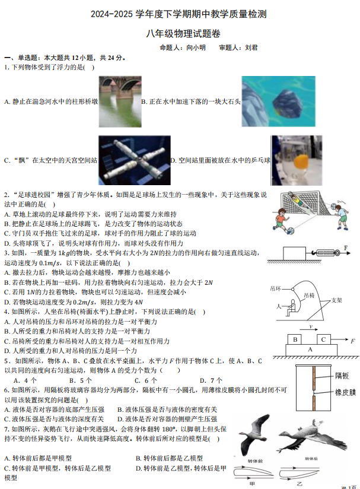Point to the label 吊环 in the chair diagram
[x=275, y=288]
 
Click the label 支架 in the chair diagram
[x=336, y=300]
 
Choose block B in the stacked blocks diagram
[x=295, y=339]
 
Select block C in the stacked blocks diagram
[x=323, y=339]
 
